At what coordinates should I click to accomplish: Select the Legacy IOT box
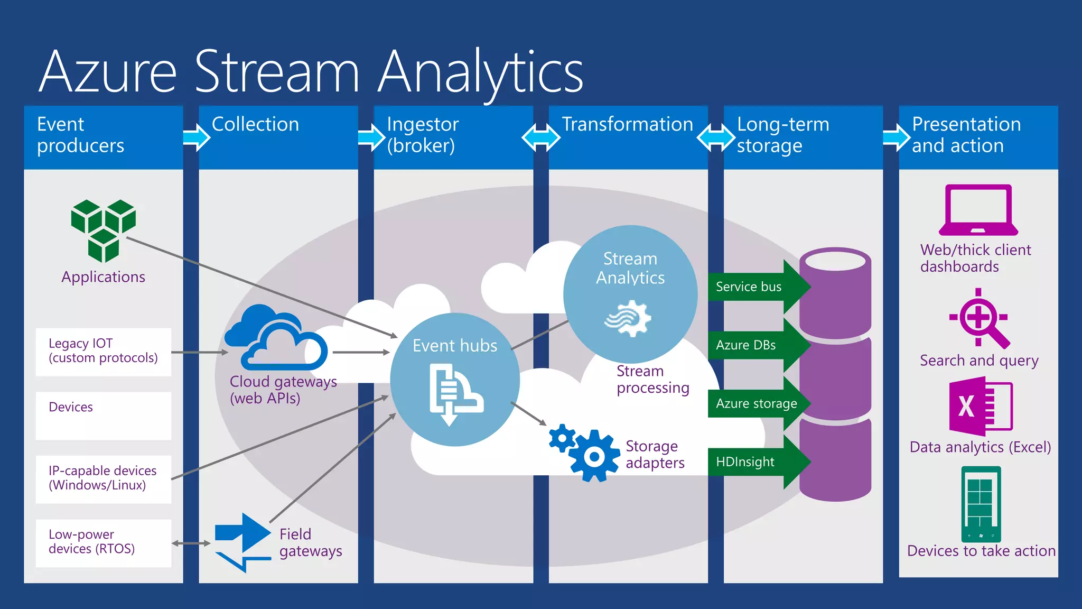point(104,352)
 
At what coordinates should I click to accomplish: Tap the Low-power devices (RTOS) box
point(104,542)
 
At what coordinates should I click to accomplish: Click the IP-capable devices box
point(104,478)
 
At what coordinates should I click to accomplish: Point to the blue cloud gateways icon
point(276,338)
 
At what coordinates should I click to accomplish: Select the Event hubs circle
point(454,380)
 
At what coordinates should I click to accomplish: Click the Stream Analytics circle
point(630,294)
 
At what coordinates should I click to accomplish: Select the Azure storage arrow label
point(756,403)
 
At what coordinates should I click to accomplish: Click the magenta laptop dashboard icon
point(978,210)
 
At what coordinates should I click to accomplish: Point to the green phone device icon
point(981,504)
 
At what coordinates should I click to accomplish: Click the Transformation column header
point(628,125)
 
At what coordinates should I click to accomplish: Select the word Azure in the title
point(108,71)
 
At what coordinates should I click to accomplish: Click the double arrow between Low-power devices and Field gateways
point(191,543)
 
